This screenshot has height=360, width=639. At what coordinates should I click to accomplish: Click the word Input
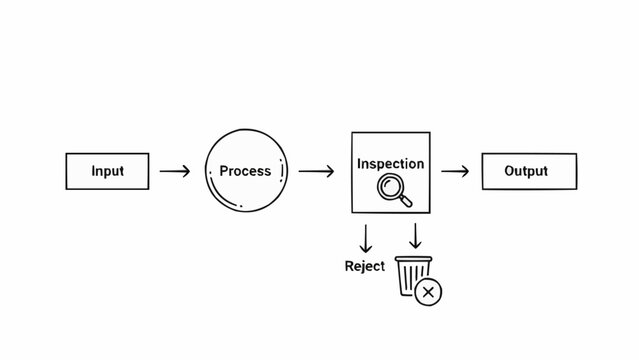point(107,171)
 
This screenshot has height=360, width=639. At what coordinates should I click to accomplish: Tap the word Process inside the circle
point(245,171)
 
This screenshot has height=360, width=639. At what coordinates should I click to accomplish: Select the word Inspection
point(390,163)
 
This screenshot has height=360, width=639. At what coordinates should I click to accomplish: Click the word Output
point(526,171)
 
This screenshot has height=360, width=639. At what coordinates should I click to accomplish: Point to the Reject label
point(364,266)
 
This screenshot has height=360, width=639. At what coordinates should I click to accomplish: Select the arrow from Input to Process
point(175,171)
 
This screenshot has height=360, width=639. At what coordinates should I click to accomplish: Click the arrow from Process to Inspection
point(316,171)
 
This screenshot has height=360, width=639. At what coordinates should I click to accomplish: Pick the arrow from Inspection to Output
point(455,171)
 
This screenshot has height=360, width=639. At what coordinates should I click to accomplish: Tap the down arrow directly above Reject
point(366,238)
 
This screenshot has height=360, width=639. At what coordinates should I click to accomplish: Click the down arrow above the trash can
point(415,236)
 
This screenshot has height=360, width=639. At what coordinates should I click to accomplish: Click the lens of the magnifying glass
point(389,187)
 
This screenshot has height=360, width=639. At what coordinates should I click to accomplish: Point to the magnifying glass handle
point(404,201)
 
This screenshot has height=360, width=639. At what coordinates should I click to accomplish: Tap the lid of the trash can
point(414,260)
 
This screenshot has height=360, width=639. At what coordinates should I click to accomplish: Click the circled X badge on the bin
point(429,292)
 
